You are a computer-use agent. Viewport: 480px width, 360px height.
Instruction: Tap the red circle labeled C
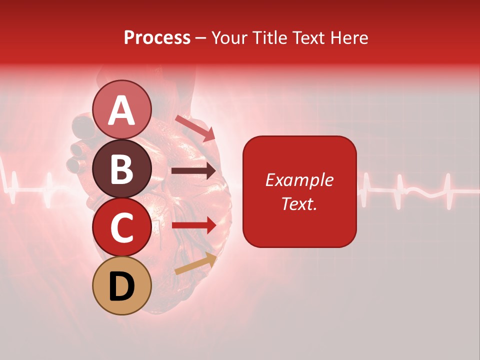121,227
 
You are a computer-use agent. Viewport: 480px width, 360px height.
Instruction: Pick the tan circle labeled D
121,285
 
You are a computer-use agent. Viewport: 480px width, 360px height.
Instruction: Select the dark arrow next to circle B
193,171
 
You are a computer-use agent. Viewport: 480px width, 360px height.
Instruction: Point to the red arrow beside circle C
193,225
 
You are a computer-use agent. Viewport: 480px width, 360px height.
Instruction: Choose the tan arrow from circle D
195,264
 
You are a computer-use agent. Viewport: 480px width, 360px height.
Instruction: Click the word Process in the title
157,38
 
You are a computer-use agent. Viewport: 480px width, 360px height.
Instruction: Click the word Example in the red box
299,180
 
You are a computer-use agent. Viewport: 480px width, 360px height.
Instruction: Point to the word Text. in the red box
299,203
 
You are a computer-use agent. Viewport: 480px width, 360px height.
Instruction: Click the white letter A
121,110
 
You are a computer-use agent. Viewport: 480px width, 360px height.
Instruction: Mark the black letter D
121,286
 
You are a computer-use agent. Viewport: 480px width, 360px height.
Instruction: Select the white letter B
121,169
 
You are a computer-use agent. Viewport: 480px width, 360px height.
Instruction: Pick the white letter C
121,227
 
